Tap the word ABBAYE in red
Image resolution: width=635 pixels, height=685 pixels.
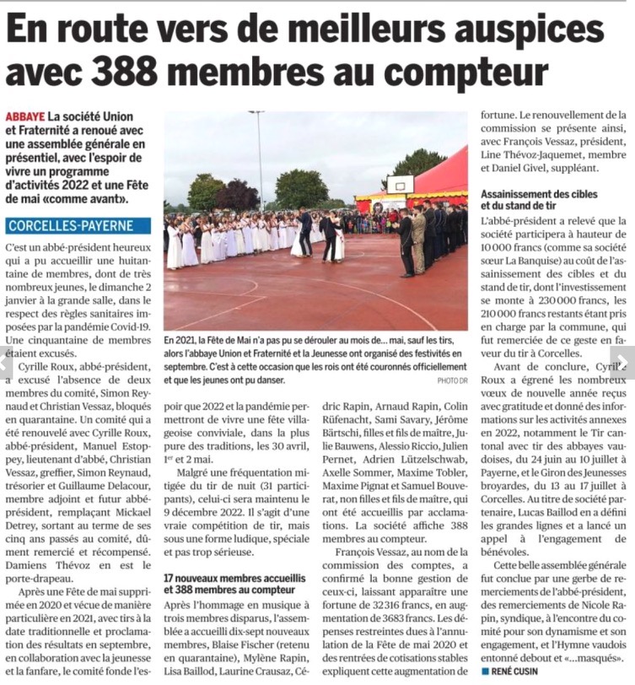point(25,116)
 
